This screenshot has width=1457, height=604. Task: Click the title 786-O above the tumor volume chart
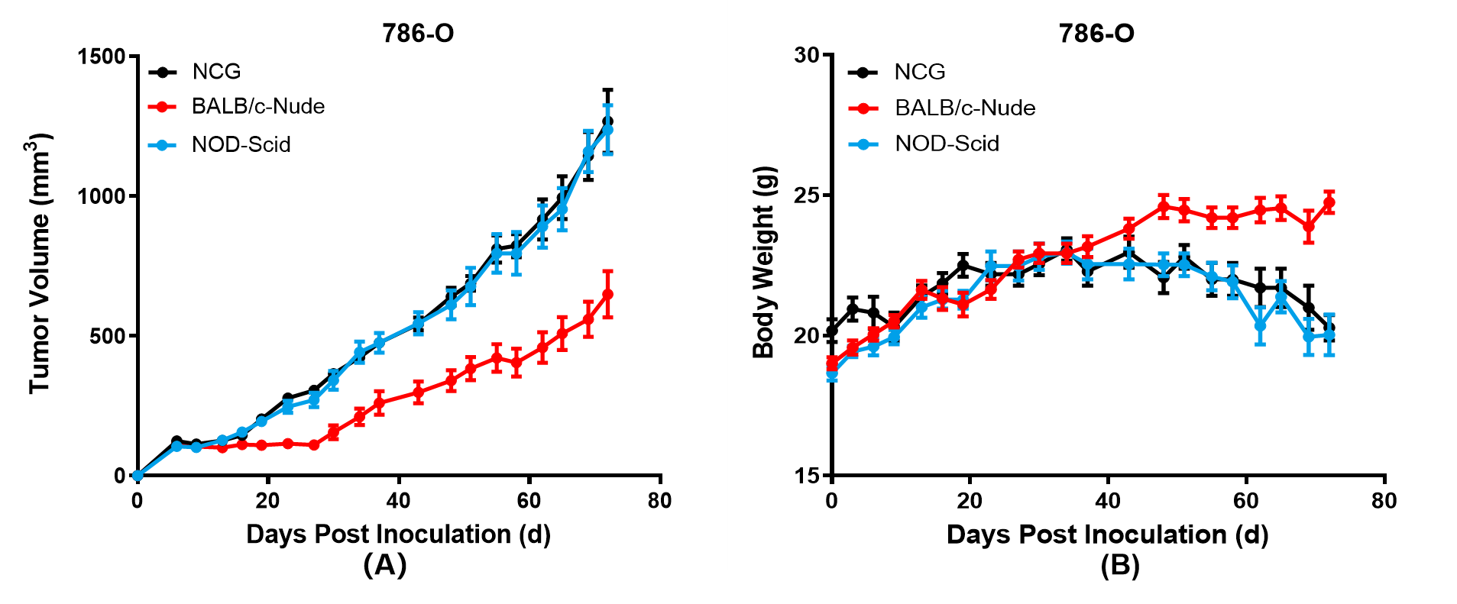click(418, 34)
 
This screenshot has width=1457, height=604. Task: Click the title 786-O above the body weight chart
click(1096, 34)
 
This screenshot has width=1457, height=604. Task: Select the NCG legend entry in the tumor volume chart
click(216, 72)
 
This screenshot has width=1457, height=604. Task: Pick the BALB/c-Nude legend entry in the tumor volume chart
click(257, 106)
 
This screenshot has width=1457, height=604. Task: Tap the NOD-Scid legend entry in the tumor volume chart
click(241, 144)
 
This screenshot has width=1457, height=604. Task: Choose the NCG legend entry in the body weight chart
click(920, 72)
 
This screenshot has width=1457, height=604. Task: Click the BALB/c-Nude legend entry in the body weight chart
click(965, 108)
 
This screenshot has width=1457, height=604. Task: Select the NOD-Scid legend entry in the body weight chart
click(947, 144)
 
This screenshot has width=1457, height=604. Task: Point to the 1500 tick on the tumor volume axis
click(101, 57)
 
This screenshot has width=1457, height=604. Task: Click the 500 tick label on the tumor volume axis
click(107, 336)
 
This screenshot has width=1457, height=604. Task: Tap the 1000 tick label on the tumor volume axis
click(101, 196)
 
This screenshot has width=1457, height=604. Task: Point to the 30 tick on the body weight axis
click(806, 55)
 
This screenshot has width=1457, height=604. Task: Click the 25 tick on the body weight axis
click(806, 195)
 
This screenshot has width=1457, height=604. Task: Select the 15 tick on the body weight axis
click(806, 475)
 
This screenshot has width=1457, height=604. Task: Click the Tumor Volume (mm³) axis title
click(40, 263)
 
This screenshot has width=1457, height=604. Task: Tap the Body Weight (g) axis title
click(764, 262)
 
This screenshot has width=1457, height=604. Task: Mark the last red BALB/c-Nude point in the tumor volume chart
click(607, 294)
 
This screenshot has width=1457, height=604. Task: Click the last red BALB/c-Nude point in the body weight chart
click(1329, 202)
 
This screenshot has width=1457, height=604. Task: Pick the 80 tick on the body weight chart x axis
click(1384, 501)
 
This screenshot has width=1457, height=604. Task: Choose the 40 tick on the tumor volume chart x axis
click(398, 501)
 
